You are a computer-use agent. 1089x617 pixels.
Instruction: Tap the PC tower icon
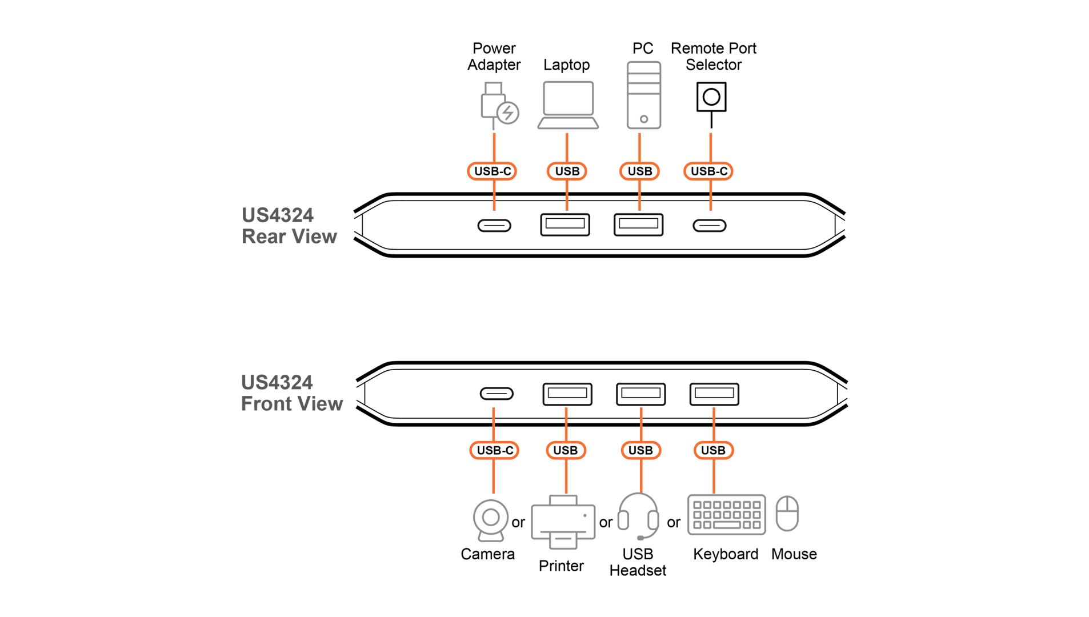[643, 95]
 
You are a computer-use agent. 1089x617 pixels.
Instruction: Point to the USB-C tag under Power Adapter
[492, 171]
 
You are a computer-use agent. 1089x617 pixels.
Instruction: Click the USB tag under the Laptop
[567, 171]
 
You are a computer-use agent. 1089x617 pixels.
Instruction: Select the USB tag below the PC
[639, 171]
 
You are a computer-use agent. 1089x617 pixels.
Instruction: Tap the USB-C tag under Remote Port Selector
[708, 171]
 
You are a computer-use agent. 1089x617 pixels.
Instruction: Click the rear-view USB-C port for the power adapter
[494, 226]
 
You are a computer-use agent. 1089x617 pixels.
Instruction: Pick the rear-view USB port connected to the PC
[638, 225]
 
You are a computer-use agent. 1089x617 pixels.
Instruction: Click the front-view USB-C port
[496, 394]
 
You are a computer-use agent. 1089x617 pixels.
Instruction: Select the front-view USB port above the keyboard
[714, 394]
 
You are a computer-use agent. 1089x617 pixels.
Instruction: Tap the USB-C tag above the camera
[494, 450]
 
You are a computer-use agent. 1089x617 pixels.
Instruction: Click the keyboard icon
[726, 515]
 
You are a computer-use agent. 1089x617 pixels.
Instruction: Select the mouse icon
[787, 514]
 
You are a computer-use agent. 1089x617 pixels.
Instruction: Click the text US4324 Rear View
[289, 226]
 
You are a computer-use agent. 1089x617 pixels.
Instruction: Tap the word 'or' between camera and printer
[518, 523]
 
